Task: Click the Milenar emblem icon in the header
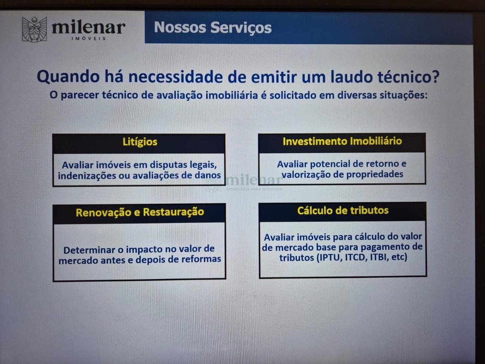click(34, 29)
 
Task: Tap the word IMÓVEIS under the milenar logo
click(89, 38)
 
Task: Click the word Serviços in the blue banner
click(241, 28)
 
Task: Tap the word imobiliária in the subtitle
click(232, 95)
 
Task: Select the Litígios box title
click(140, 142)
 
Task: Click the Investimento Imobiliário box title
click(342, 141)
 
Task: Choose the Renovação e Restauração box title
click(140, 212)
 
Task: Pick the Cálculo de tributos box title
click(343, 210)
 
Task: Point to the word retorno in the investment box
click(382, 164)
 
